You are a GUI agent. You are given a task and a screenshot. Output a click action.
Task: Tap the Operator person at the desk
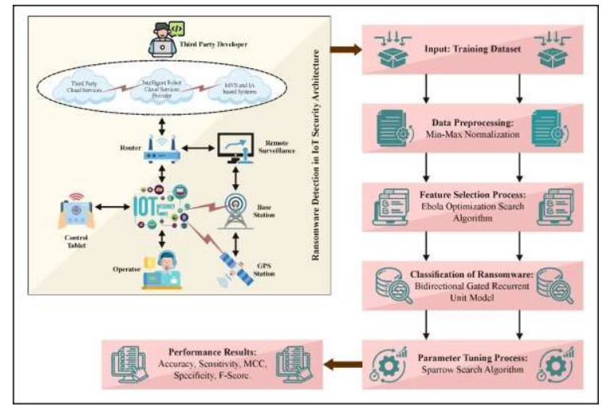pyautogui.click(x=163, y=267)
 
